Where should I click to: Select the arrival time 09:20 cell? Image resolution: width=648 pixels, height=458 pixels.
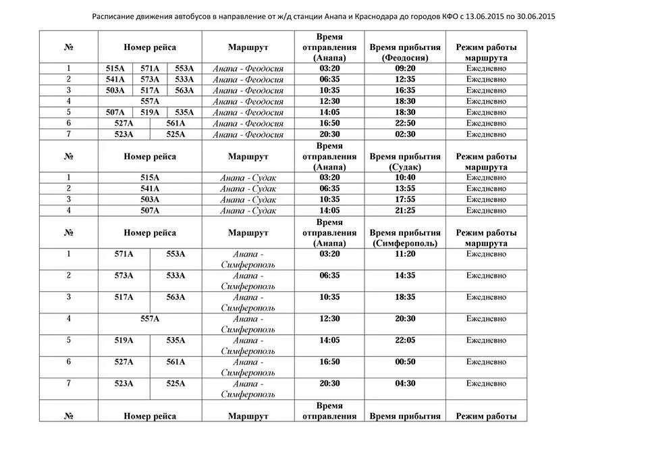point(405,68)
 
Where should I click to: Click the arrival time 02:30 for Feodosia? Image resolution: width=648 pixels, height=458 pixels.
point(405,134)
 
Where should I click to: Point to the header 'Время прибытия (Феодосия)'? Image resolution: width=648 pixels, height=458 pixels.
point(405,52)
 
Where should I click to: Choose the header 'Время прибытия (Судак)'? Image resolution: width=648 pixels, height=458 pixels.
point(405,161)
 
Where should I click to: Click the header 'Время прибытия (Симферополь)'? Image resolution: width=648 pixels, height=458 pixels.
point(405,238)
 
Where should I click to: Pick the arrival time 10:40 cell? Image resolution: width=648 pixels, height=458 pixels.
point(405,178)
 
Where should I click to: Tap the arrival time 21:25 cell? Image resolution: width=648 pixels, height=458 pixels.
point(405,211)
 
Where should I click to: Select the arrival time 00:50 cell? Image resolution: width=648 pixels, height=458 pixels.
point(405,362)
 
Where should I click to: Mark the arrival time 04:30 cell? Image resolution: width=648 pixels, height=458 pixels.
point(405,384)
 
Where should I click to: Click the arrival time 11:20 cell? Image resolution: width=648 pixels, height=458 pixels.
point(405,254)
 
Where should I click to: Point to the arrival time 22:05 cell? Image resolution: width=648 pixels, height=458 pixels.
point(405,340)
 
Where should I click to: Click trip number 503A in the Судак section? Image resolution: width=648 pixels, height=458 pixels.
point(150,200)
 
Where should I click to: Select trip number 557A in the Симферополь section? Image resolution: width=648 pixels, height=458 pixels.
point(150,319)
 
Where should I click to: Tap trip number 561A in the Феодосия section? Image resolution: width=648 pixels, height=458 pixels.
point(175,124)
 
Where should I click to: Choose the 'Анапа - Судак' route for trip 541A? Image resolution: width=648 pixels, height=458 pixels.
point(248,189)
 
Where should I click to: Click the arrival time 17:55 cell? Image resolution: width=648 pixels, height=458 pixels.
point(405,200)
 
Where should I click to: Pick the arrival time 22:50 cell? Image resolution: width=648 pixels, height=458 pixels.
point(405,124)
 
